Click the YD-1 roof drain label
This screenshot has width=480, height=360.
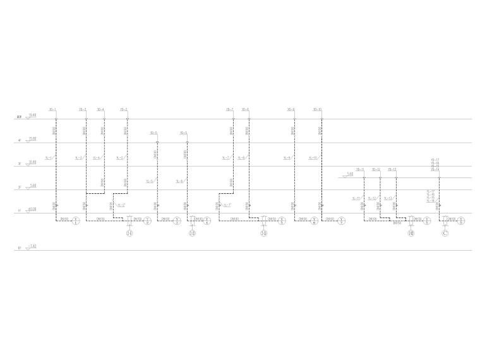[52, 109]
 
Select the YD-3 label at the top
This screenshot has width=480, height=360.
[82, 109]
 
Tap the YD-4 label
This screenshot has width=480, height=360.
[100, 109]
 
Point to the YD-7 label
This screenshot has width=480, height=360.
[230, 109]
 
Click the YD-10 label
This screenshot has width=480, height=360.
[317, 109]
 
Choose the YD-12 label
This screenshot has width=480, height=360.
[376, 169]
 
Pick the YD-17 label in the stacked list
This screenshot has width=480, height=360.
[435, 160]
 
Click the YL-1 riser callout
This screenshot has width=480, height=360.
[49, 157]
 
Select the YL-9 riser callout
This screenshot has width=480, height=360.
[287, 157]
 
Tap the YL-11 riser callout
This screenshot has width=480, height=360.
[356, 198]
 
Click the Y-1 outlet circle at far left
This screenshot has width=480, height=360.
[77, 221]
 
